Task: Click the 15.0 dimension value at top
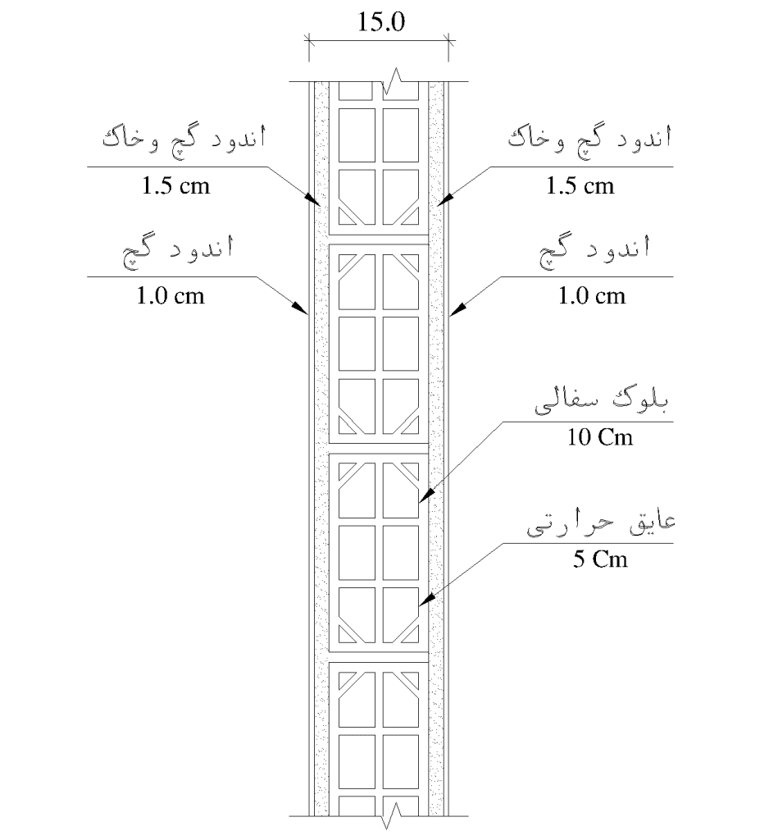(381, 21)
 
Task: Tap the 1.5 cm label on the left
(175, 186)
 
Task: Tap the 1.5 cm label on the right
(580, 186)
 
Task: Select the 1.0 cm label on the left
(171, 295)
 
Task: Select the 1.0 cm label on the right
(592, 295)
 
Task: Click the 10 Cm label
(600, 437)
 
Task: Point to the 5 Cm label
(600, 559)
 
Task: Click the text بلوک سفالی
(602, 402)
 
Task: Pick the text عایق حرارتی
(601, 524)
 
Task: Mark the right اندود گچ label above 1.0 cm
(594, 251)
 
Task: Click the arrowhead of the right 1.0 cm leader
(457, 309)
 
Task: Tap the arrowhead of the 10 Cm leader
(425, 496)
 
